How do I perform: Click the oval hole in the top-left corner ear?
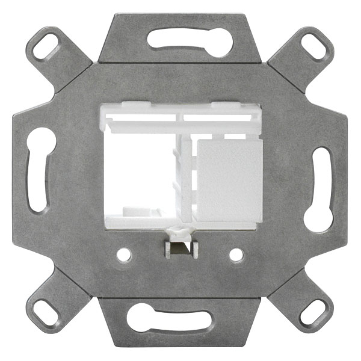tap(46, 46)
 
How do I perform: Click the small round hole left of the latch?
tap(124, 255)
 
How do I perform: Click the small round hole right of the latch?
tap(236, 255)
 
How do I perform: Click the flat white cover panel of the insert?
tap(229, 180)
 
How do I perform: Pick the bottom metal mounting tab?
tap(180, 337)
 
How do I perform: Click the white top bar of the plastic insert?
tap(180, 118)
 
